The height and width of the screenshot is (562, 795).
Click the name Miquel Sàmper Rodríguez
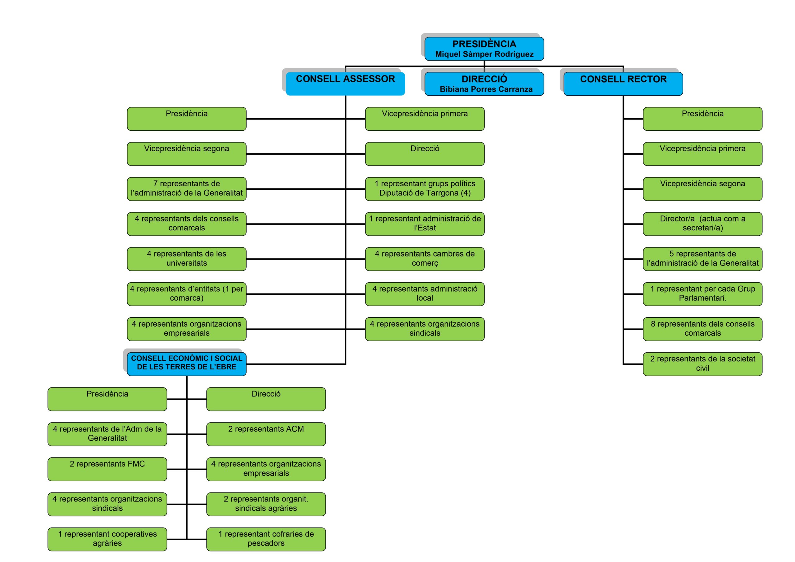pyautogui.click(x=484, y=54)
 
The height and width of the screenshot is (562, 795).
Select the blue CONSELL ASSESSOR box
pyautogui.click(x=345, y=84)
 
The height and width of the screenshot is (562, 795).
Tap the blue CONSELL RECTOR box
pyautogui.click(x=623, y=84)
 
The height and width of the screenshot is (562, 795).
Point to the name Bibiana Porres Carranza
pyautogui.click(x=486, y=89)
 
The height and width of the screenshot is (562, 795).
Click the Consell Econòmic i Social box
pyautogui.click(x=187, y=364)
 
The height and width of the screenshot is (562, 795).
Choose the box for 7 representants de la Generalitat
pyautogui.click(x=187, y=189)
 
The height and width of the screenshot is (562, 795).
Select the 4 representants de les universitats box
pyautogui.click(x=187, y=259)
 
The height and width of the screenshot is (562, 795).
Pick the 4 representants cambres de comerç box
pyautogui.click(x=425, y=259)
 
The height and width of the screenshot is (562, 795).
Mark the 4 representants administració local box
pyautogui.click(x=425, y=294)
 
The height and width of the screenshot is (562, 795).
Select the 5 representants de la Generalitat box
pyautogui.click(x=702, y=259)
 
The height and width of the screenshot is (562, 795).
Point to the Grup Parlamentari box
pyautogui.click(x=702, y=294)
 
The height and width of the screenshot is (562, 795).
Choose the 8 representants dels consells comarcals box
pyautogui.click(x=702, y=329)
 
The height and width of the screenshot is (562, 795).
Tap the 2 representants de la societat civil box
pyautogui.click(x=702, y=364)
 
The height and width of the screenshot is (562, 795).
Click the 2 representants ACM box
pyautogui.click(x=266, y=434)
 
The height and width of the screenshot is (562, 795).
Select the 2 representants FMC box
pyautogui.click(x=107, y=469)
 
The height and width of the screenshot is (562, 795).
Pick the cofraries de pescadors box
pyautogui.click(x=266, y=539)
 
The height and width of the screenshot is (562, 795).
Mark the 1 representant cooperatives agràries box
pyautogui.click(x=107, y=539)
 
